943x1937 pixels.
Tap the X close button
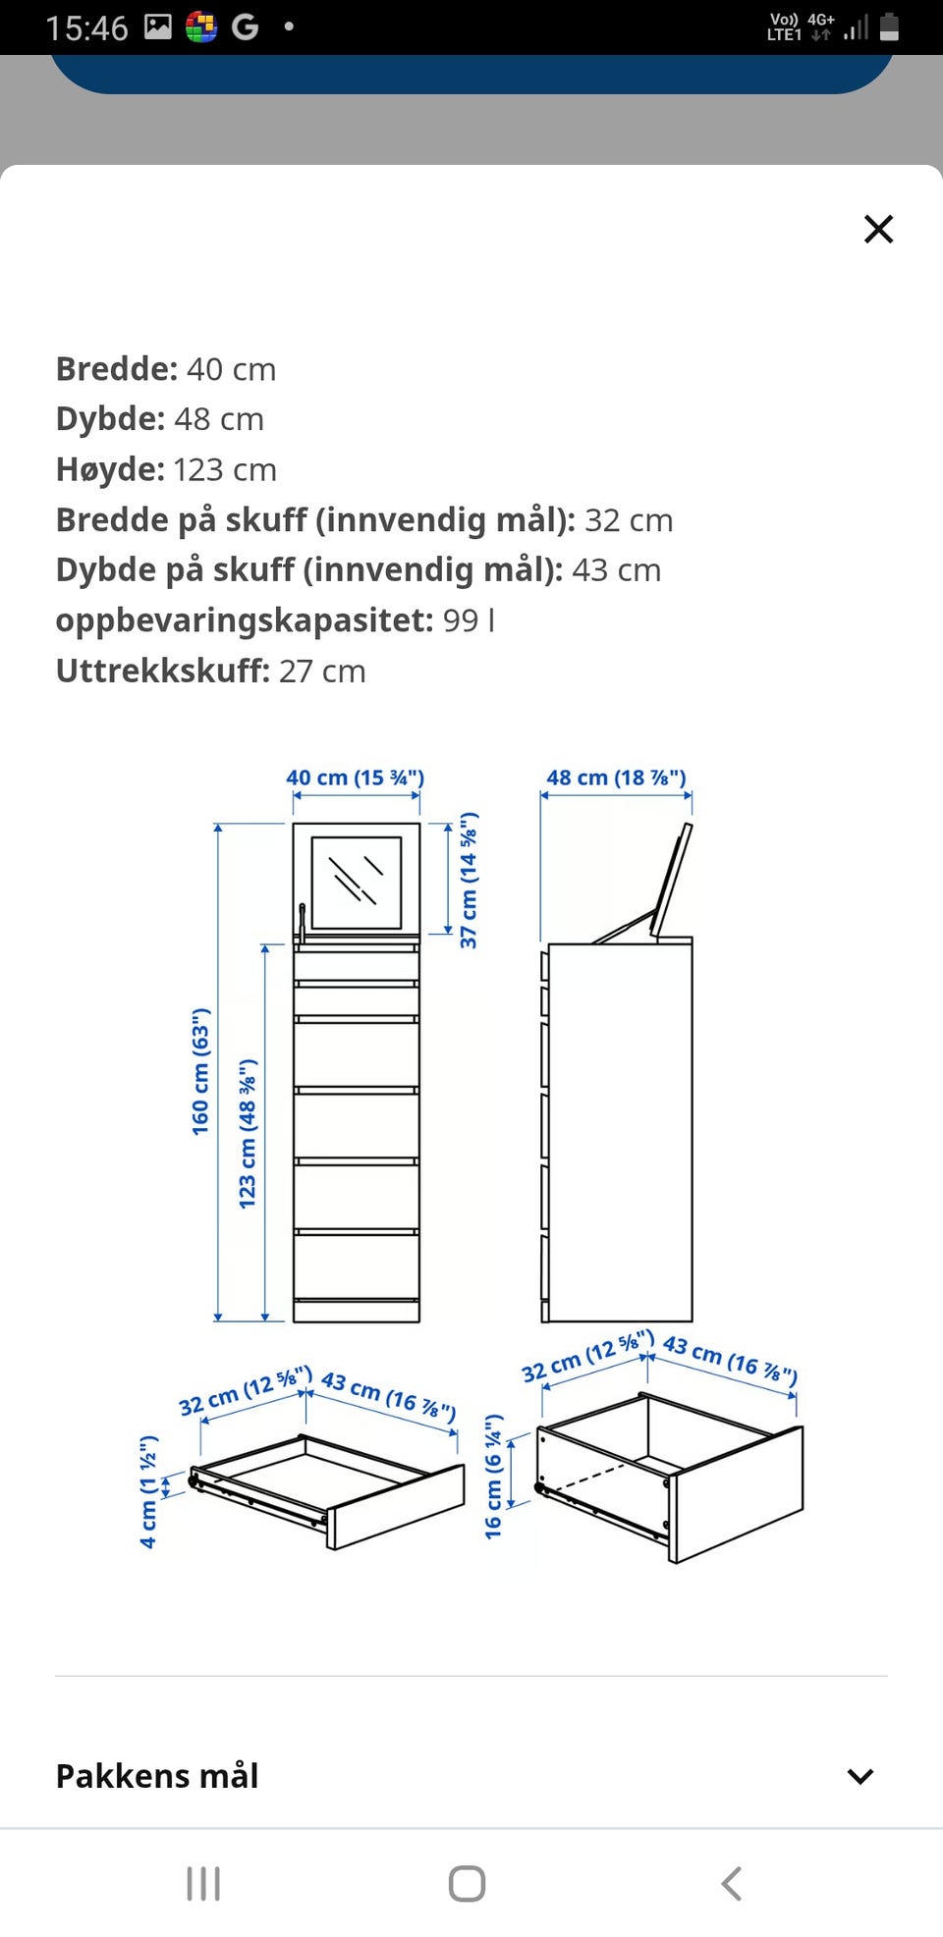pos(877,229)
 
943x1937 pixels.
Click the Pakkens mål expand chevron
pos(860,1776)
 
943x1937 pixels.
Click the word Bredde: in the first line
pos(116,369)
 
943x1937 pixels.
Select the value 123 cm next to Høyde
pos(225,469)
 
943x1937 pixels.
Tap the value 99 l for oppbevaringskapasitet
pos(469,620)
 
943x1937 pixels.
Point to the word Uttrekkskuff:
pos(162,671)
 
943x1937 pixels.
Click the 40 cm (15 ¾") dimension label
pos(355,778)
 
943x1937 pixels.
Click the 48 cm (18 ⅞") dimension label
pos(616,778)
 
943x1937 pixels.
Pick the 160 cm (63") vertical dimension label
pos(200,1071)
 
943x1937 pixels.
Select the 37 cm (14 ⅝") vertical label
pos(470,881)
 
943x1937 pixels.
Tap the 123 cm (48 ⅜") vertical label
pos(248,1133)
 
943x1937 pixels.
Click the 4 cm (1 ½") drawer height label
pos(148,1491)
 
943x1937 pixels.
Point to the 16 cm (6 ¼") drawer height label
pos(493,1476)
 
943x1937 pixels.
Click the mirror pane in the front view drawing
pos(356,881)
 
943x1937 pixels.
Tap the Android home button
pos(467,1883)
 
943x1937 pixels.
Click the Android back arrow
pos(731,1883)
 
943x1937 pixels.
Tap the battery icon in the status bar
pos(889,27)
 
